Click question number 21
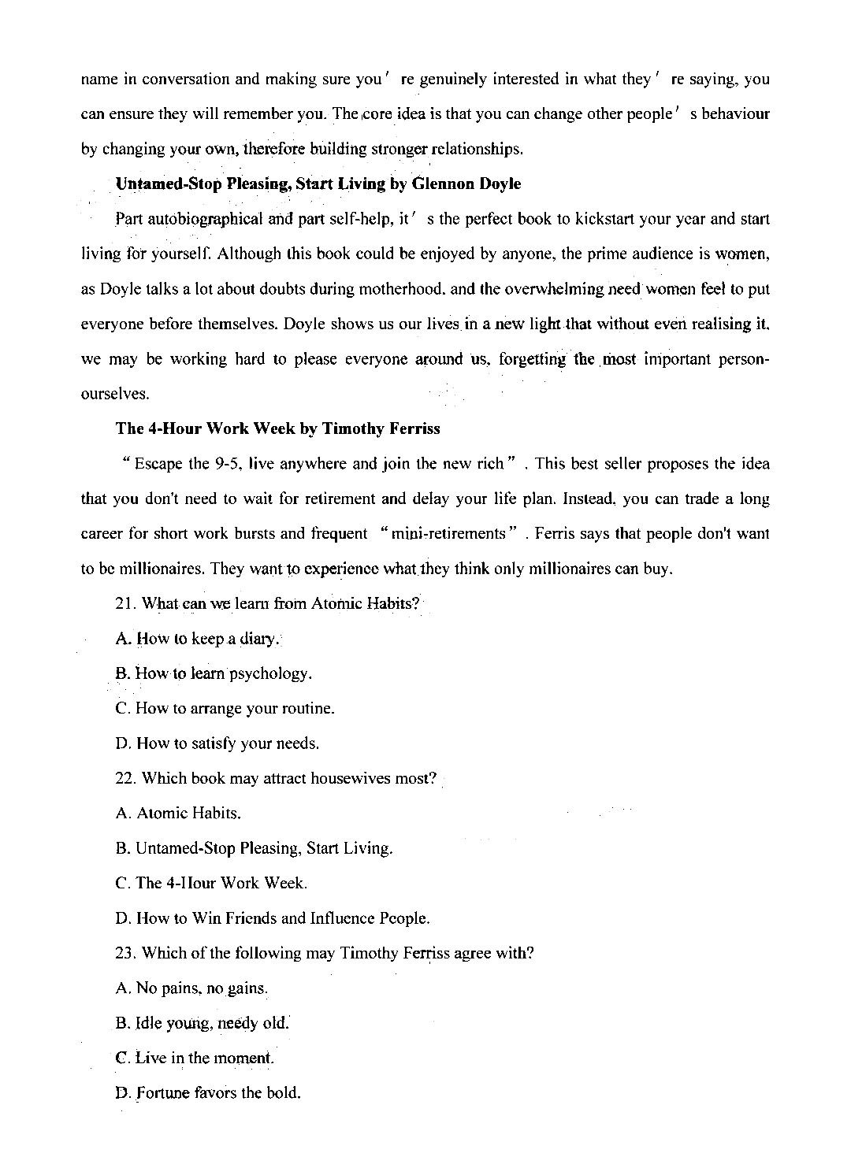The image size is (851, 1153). pos(126,604)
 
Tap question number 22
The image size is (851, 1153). pos(126,779)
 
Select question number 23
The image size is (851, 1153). pos(126,954)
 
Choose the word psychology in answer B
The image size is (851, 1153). pos(270,674)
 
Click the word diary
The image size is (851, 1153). pos(259,640)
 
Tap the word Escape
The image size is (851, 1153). pos(159,464)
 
